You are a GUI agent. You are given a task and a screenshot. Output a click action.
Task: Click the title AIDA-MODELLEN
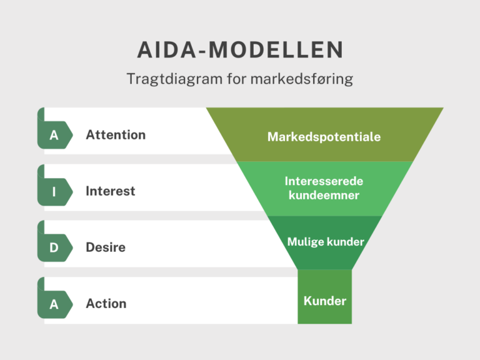click(x=240, y=50)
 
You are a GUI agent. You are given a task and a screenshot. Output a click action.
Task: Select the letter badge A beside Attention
click(x=54, y=135)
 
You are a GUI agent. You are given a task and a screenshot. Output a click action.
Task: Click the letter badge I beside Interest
click(x=54, y=191)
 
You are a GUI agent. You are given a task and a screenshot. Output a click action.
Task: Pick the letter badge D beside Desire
click(x=54, y=247)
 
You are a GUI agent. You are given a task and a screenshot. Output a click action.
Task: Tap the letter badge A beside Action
click(x=54, y=304)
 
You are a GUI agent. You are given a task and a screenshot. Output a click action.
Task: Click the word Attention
click(x=116, y=135)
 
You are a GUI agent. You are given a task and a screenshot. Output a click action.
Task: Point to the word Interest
click(x=110, y=191)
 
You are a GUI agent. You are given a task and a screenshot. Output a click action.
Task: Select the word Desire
click(x=106, y=247)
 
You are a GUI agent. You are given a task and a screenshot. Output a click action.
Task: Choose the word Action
click(x=106, y=304)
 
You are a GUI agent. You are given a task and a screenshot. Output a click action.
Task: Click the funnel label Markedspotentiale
click(x=324, y=137)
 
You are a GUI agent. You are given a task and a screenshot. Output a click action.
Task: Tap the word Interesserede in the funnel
click(x=324, y=181)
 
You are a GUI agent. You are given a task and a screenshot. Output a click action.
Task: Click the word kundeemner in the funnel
click(x=324, y=196)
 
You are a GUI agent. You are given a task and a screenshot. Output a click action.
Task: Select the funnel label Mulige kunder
click(x=325, y=242)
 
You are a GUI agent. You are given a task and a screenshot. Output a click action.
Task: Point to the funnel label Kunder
click(x=325, y=301)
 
